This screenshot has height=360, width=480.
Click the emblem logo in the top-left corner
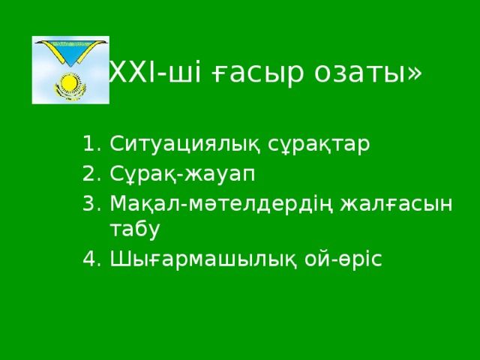[70, 70]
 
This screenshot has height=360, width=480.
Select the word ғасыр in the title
[241, 73]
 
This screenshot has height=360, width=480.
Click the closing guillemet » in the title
[415, 73]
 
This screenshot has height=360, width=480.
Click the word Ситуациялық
[180, 145]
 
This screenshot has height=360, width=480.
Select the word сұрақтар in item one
[311, 145]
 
